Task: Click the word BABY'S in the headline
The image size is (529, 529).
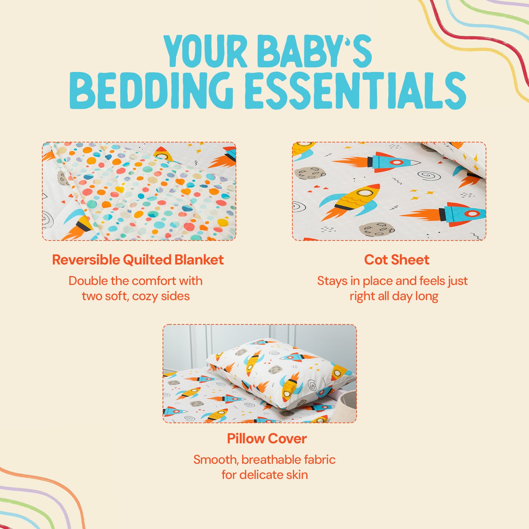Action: click(315, 51)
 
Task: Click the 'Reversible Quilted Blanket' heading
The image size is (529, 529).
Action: click(138, 260)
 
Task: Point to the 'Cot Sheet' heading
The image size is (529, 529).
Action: click(397, 260)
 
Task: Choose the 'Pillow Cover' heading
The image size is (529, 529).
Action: click(267, 439)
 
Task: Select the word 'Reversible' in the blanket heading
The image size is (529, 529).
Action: click(86, 260)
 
